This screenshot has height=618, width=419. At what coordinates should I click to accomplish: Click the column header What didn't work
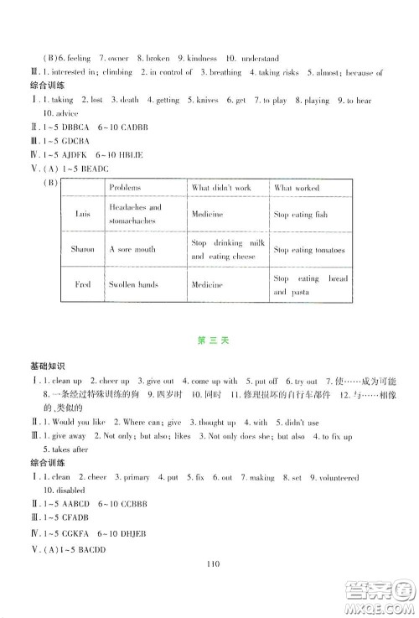coord(222,188)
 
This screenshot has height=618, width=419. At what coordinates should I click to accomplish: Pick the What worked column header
coord(297,188)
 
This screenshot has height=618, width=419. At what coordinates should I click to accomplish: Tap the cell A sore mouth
coord(133,249)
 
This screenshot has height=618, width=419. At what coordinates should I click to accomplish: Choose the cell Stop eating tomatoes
coord(309,250)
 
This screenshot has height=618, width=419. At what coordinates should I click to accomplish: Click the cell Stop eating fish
coord(301,215)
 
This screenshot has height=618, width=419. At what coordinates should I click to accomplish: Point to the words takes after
coord(59,450)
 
